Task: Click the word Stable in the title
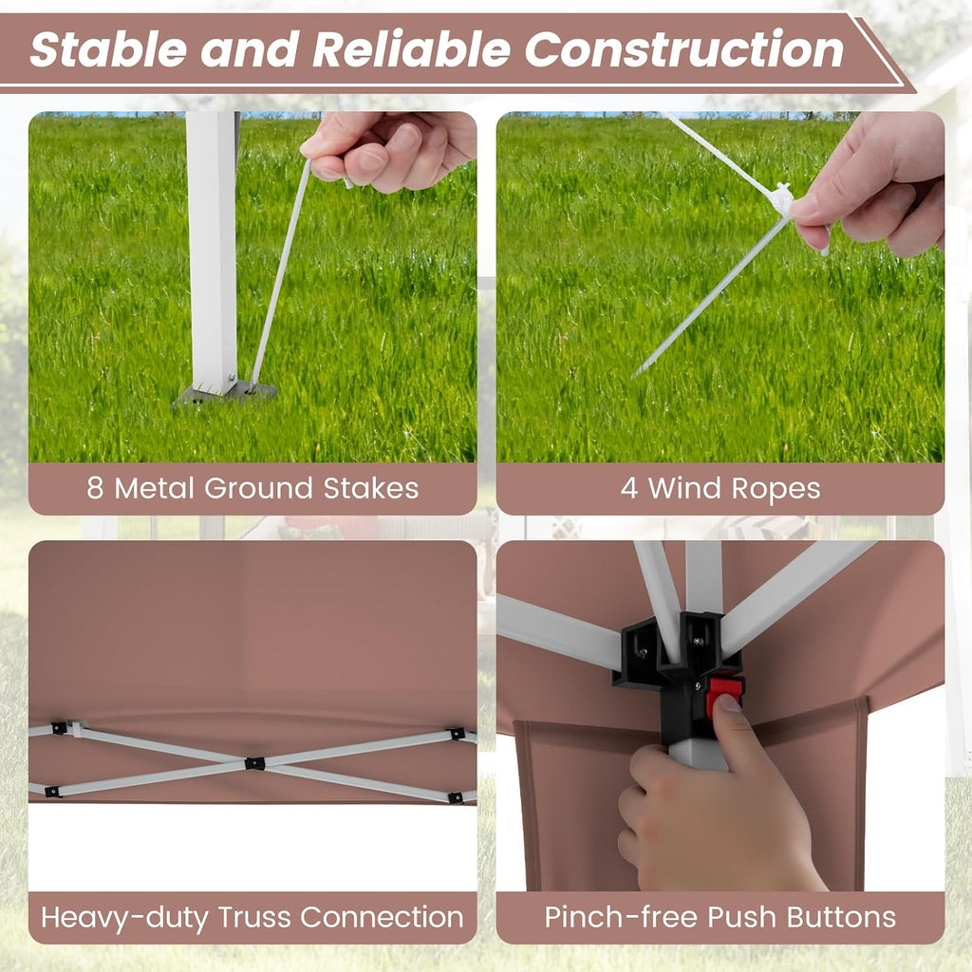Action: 108,49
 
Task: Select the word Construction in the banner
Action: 683,49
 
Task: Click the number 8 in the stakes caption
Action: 95,489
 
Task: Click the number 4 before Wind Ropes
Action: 628,489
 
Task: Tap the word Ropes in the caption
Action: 776,490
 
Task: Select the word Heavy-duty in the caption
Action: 124,919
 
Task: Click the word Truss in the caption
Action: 254,918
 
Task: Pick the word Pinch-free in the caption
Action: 621,918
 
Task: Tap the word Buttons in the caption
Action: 841,918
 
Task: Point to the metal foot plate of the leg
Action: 224,394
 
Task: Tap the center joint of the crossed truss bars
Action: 254,763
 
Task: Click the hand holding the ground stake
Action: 390,151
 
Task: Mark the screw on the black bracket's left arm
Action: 643,651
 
